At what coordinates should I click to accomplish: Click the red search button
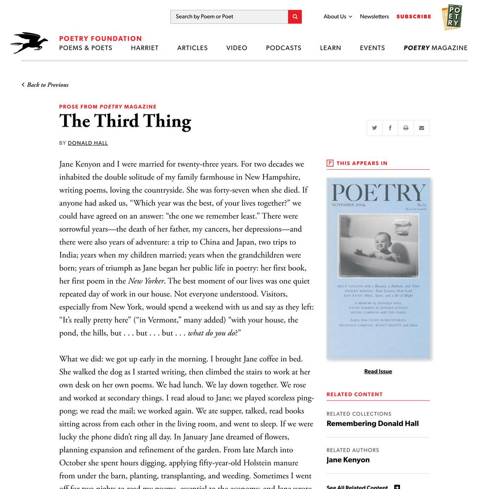[295, 17]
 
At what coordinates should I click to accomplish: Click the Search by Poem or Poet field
[229, 17]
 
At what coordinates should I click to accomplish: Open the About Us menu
[337, 17]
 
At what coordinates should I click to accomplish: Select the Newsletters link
[374, 17]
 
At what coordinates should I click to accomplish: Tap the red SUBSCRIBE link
[414, 17]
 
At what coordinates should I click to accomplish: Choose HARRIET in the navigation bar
[145, 48]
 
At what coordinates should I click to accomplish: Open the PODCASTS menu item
[284, 48]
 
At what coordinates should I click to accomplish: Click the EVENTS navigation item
[372, 48]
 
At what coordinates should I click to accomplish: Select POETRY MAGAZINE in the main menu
[435, 48]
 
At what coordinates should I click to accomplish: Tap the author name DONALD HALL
[88, 143]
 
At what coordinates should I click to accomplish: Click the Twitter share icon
[375, 128]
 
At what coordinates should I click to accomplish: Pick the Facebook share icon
[390, 128]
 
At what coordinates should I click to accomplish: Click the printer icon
[406, 128]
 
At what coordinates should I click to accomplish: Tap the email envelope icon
[422, 128]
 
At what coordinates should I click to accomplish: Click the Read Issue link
[378, 372]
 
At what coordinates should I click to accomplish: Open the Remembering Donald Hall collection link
[373, 423]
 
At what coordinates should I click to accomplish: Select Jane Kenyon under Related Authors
[348, 460]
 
